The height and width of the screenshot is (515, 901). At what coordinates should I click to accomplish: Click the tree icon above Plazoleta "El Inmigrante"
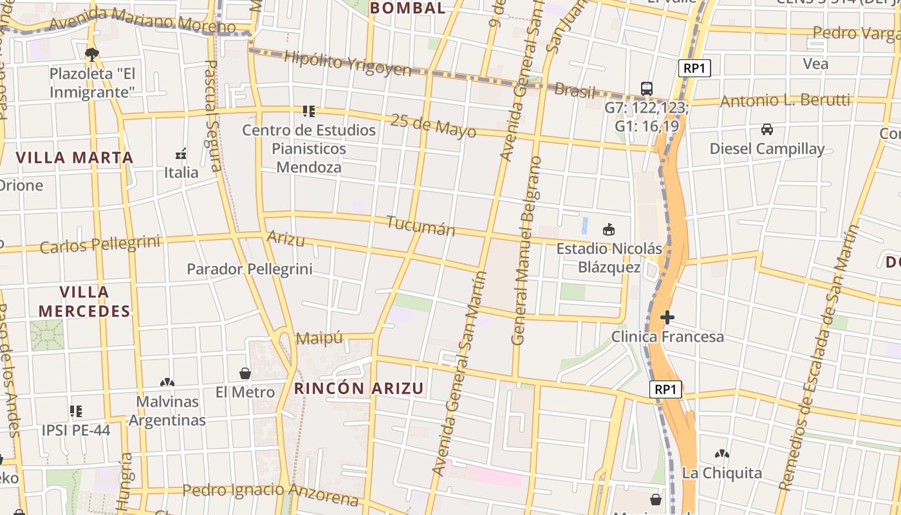(92, 54)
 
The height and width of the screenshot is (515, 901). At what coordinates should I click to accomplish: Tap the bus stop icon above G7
(646, 89)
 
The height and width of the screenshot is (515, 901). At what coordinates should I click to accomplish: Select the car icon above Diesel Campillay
(766, 129)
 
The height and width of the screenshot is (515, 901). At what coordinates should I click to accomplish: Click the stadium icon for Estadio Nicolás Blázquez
(608, 229)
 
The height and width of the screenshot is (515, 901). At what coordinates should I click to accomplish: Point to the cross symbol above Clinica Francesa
(667, 317)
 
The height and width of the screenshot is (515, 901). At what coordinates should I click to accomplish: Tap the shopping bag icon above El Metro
(245, 373)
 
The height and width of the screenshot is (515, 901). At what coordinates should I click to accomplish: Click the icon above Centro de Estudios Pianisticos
(309, 111)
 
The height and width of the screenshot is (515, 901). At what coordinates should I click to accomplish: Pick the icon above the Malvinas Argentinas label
(167, 382)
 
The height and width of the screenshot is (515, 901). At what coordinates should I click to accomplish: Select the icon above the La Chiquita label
(722, 454)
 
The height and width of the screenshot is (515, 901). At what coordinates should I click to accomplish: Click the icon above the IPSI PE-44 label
(76, 411)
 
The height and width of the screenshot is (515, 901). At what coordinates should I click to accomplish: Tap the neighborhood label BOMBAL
(408, 8)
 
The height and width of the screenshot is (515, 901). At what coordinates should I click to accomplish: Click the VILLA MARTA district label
(75, 158)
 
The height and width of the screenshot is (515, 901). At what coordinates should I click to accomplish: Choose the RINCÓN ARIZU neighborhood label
(359, 388)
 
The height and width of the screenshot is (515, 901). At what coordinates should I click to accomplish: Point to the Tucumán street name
(421, 226)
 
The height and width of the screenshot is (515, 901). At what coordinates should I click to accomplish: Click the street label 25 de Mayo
(433, 126)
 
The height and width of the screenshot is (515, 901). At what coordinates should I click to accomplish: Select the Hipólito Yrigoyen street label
(347, 64)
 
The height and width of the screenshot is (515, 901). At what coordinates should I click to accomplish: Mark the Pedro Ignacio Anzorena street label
(270, 493)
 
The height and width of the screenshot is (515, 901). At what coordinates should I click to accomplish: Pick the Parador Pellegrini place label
(249, 269)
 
